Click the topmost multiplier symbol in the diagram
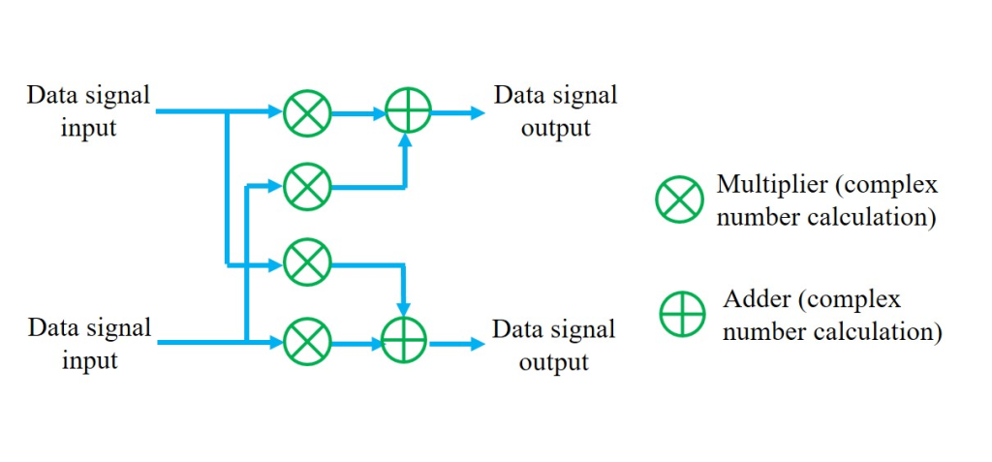[x=307, y=113]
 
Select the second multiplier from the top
[x=307, y=186]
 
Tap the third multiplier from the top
[x=307, y=262]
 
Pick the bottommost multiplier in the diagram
[x=307, y=342]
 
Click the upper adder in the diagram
[x=408, y=112]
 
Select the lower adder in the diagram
[x=405, y=342]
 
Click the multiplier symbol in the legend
[x=679, y=200]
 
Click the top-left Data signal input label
[x=88, y=111]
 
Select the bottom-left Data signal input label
[x=89, y=344]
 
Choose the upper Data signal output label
[x=555, y=111]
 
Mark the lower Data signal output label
[x=554, y=345]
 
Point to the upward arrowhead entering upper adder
[x=407, y=142]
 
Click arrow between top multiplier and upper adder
[x=357, y=113]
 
